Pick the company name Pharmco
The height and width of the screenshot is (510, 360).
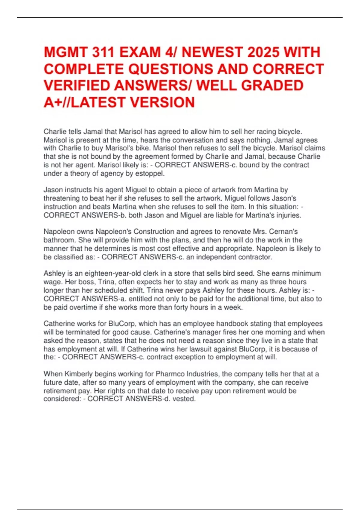click(x=169, y=374)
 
